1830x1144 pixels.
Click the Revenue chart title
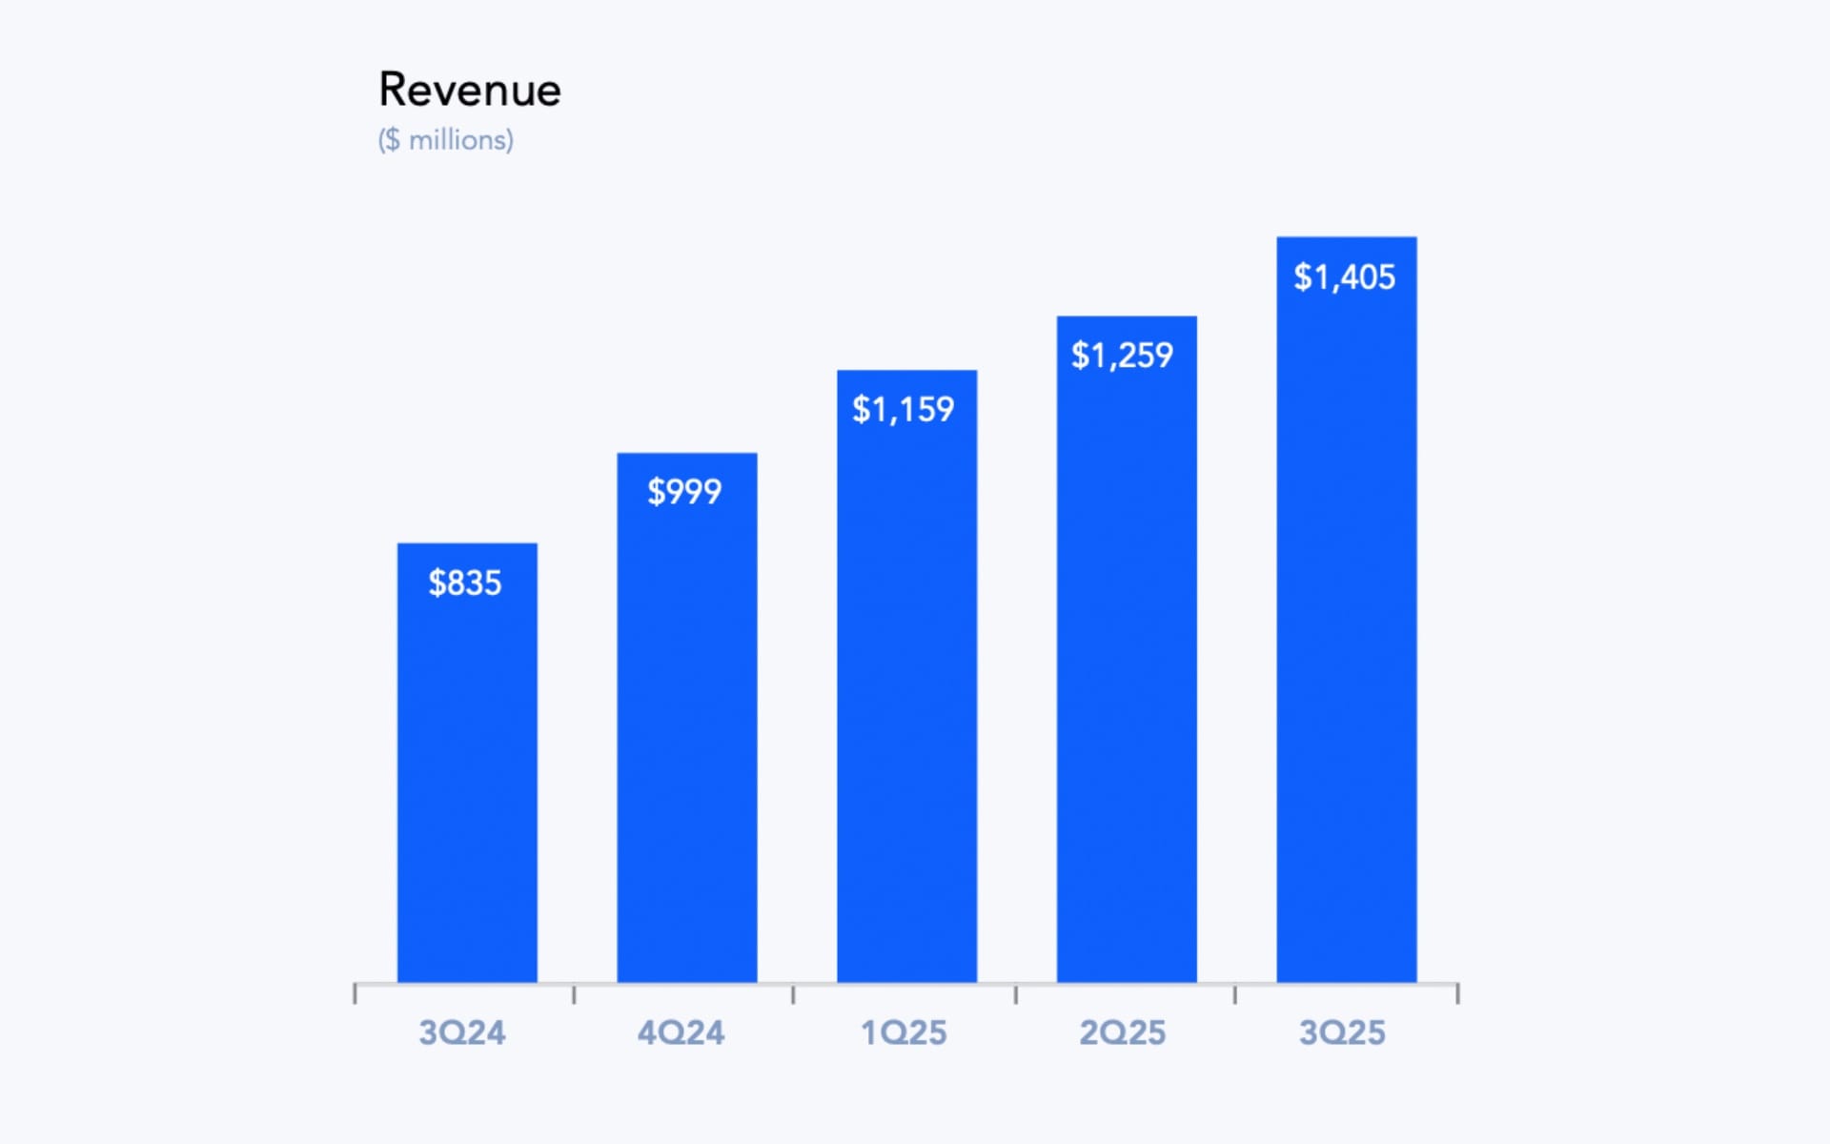469,91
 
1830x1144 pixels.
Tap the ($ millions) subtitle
445,140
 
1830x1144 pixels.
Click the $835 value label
465,582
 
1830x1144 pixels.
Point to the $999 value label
684,492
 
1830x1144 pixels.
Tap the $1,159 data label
903,410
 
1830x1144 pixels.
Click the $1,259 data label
1122,356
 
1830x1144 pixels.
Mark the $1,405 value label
1344,277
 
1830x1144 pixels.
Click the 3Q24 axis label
462,1032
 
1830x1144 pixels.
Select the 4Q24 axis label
681,1032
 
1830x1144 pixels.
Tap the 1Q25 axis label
904,1032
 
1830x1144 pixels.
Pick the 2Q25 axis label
1122,1032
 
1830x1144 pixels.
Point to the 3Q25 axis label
1342,1032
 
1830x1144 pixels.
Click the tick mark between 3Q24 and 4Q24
574,994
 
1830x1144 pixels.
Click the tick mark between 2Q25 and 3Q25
1235,994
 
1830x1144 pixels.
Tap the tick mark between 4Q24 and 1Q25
793,994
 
